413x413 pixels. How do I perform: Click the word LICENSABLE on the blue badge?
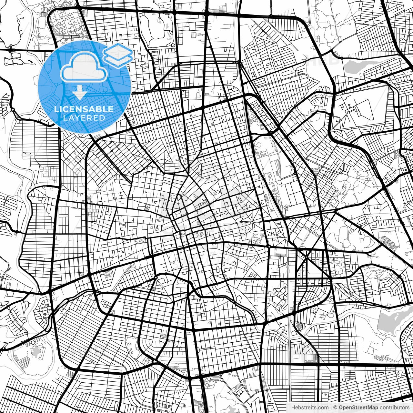(x=84, y=109)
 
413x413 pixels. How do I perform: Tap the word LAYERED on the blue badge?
(x=84, y=118)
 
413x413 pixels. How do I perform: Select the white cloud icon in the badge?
(x=84, y=67)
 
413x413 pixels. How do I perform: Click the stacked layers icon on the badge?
(x=118, y=54)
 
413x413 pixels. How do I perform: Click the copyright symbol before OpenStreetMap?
(x=335, y=408)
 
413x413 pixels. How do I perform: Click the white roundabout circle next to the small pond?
(x=33, y=343)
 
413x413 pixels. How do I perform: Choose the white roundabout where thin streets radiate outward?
(x=251, y=223)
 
